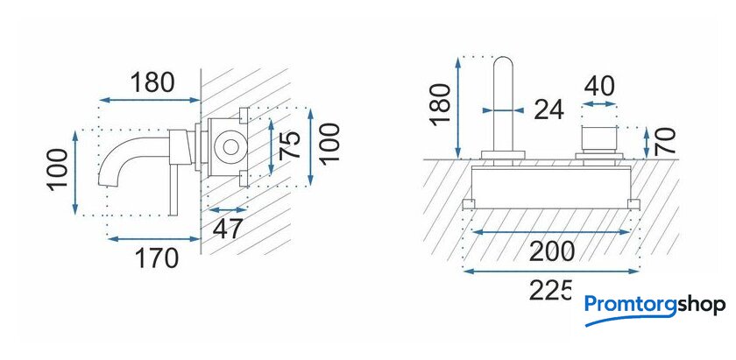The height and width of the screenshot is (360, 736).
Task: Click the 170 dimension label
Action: click(x=157, y=258)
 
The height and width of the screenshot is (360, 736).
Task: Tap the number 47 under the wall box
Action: click(x=228, y=229)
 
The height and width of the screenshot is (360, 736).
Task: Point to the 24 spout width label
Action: click(x=548, y=110)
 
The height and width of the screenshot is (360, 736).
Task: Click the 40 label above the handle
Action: click(x=599, y=87)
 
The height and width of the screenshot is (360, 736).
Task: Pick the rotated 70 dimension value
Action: click(x=665, y=141)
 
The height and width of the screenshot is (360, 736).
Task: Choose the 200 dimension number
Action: click(x=551, y=251)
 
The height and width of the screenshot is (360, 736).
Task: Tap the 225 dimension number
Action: click(x=550, y=290)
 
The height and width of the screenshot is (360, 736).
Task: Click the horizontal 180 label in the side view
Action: click(x=152, y=82)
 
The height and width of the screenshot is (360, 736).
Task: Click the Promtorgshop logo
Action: click(x=655, y=310)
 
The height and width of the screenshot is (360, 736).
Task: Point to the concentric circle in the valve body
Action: click(x=230, y=147)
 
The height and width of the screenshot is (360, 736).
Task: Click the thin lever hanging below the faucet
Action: click(x=173, y=189)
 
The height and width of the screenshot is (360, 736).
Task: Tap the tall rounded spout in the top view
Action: click(x=503, y=104)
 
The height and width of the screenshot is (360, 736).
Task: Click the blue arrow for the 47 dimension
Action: click(x=227, y=210)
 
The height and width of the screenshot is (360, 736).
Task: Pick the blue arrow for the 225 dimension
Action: click(x=551, y=271)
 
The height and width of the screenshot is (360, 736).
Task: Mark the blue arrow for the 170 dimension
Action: click(x=154, y=239)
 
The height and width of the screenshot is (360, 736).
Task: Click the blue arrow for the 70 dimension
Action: click(x=647, y=143)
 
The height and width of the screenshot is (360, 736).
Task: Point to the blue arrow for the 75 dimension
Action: click(x=271, y=147)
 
